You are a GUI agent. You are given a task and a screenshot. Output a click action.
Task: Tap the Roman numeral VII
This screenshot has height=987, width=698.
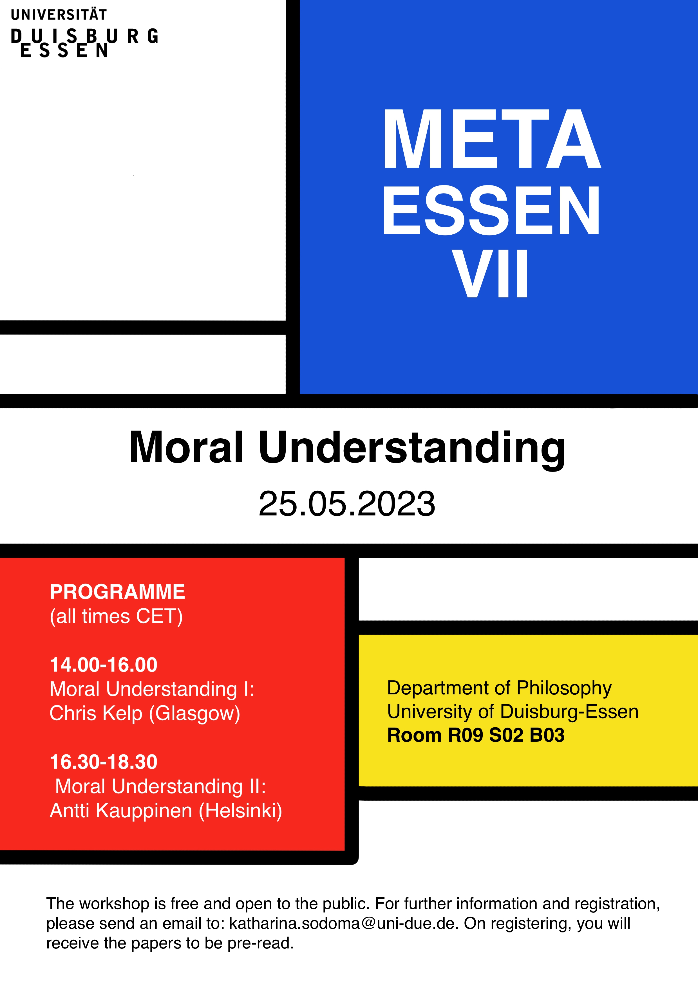click(490, 274)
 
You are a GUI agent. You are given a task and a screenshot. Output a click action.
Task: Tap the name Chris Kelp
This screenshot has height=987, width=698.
click(96, 714)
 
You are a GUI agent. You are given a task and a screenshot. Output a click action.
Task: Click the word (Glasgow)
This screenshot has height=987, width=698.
click(194, 714)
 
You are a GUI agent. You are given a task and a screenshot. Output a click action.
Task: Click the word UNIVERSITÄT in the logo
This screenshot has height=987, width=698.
click(59, 15)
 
